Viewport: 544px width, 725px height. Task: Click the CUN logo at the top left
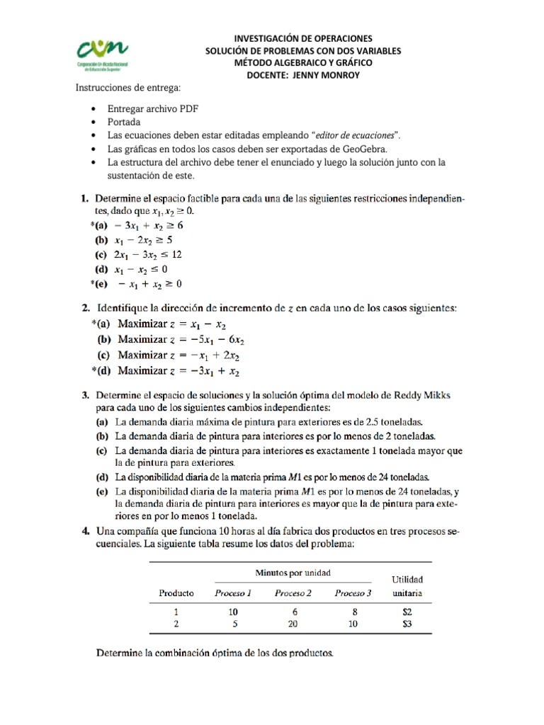pyautogui.click(x=103, y=55)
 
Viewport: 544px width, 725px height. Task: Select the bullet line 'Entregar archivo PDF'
pyautogui.click(x=152, y=109)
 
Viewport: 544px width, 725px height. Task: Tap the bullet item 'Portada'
pyautogui.click(x=124, y=122)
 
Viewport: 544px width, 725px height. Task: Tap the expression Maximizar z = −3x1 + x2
pyautogui.click(x=178, y=370)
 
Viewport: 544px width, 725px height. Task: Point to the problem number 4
pyautogui.click(x=84, y=530)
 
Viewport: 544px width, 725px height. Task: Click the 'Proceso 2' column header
pyautogui.click(x=293, y=593)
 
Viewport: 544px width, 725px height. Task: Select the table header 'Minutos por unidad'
pyautogui.click(x=293, y=572)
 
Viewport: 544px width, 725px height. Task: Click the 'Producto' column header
pyautogui.click(x=176, y=593)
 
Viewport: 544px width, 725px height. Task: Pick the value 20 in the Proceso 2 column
pyautogui.click(x=293, y=624)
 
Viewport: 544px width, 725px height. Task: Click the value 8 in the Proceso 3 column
pyautogui.click(x=353, y=612)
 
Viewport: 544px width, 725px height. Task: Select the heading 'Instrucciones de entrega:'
pyautogui.click(x=128, y=87)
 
